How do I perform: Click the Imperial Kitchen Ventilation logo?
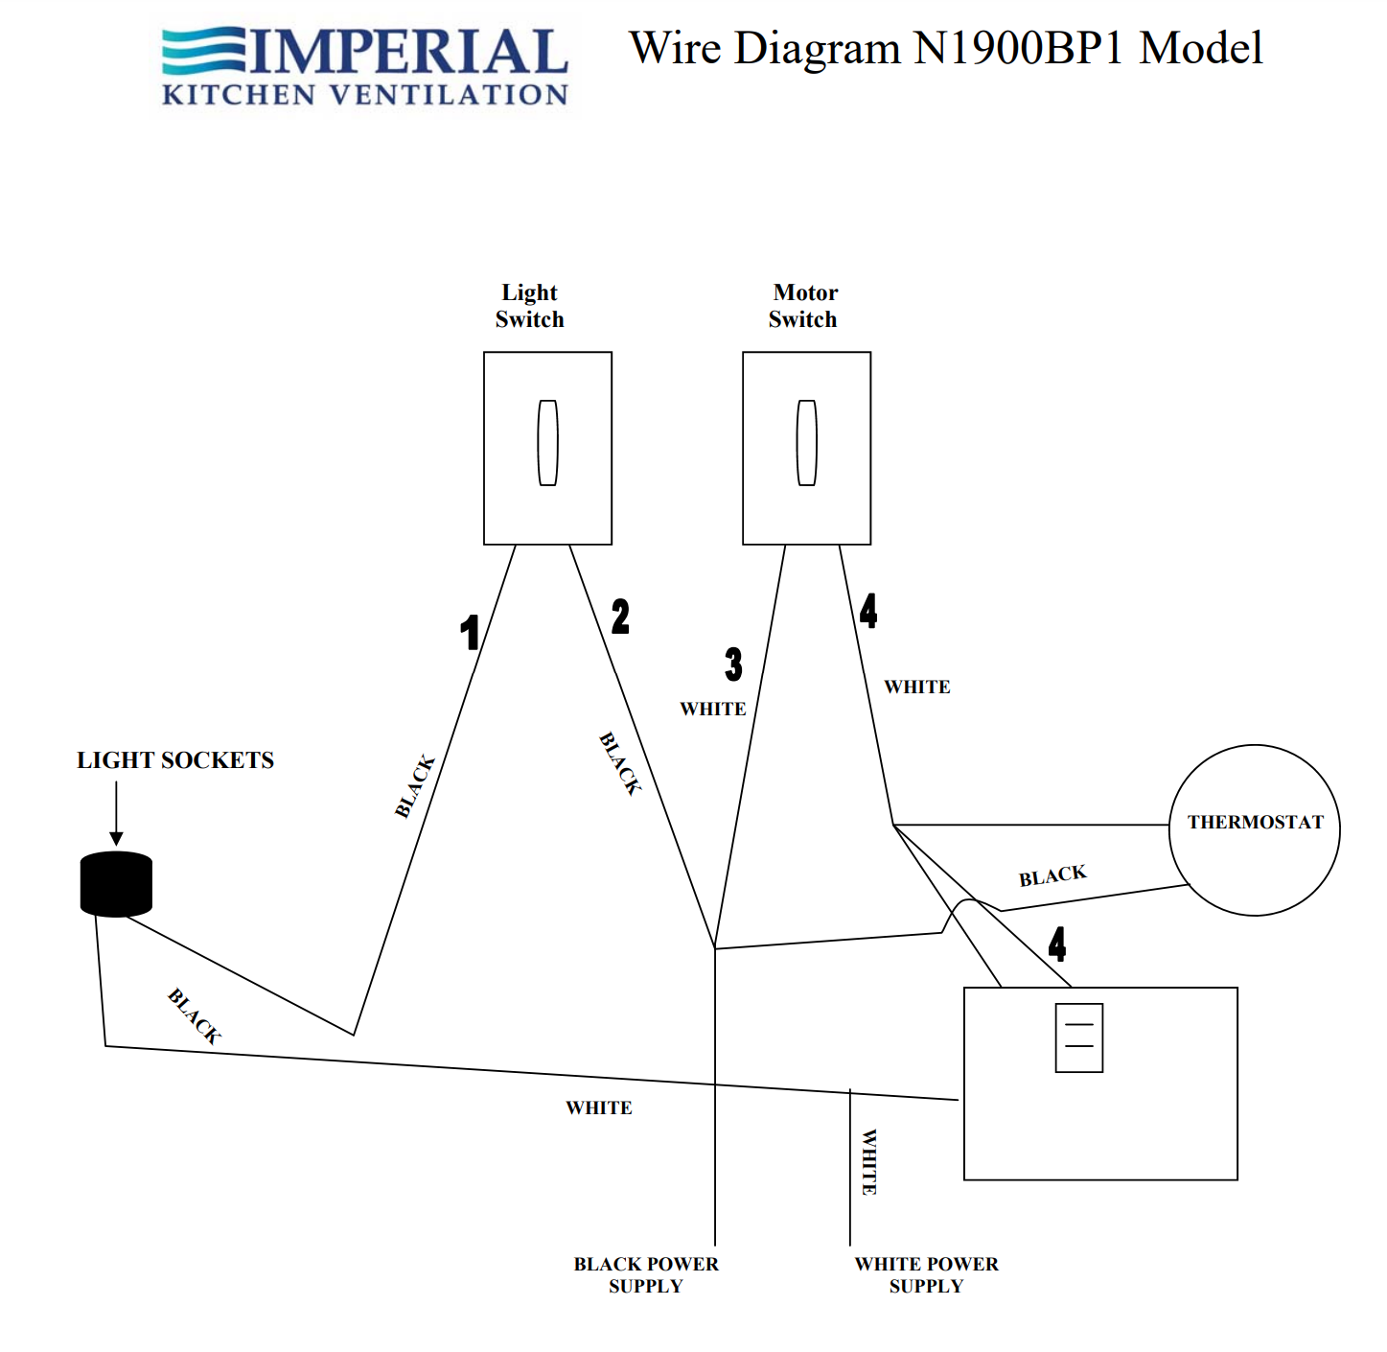point(364,65)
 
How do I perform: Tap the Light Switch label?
point(529,306)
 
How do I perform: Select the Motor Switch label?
point(803,306)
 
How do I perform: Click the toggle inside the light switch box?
point(547,443)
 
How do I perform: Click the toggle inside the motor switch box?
point(806,443)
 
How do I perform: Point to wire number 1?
point(470,633)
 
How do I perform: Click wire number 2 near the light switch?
point(620,617)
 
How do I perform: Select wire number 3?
point(733,664)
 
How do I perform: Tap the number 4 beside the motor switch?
point(867,611)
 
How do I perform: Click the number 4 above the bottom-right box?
point(1056,944)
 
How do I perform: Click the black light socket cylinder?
point(116,883)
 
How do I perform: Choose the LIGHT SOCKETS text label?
point(175,760)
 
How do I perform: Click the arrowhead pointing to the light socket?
point(116,838)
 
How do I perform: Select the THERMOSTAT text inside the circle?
point(1255,823)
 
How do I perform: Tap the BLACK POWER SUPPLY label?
point(646,1275)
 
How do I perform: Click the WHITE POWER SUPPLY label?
point(926,1275)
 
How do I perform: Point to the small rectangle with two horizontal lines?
point(1078,1037)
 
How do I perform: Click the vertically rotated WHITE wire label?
point(869,1162)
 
